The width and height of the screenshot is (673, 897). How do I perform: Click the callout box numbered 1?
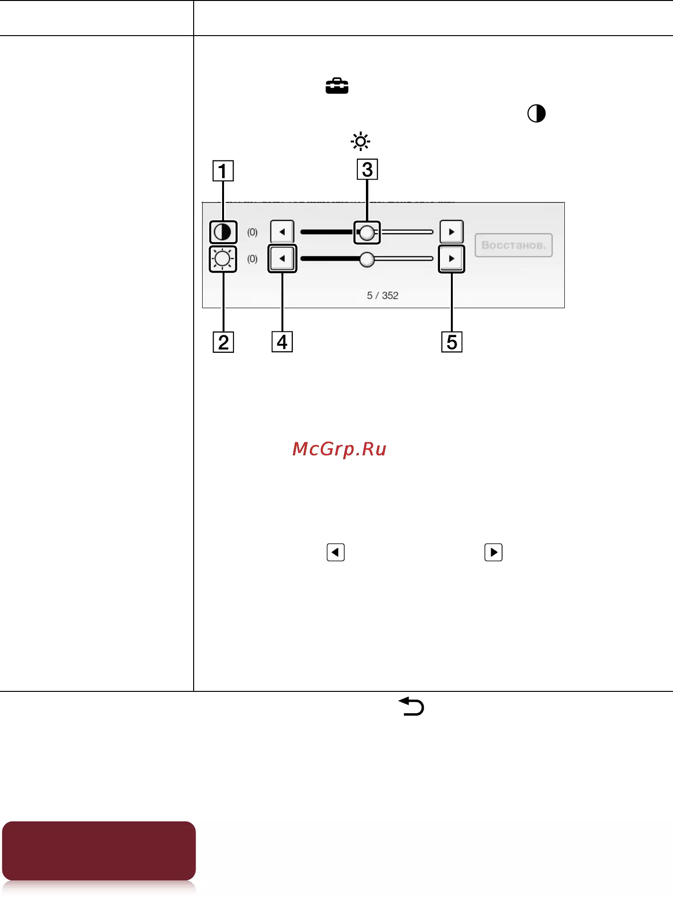tap(223, 171)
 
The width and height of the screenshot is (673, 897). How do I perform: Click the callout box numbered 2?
tap(223, 342)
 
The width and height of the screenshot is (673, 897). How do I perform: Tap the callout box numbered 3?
tap(367, 170)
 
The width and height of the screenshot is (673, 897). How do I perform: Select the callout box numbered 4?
tap(282, 342)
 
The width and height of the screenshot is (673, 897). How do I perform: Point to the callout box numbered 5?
tap(452, 342)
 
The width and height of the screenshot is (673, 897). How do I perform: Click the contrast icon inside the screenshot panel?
tap(223, 232)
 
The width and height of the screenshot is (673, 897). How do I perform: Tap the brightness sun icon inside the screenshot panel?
tap(223, 259)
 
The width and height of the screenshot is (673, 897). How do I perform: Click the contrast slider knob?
tap(367, 233)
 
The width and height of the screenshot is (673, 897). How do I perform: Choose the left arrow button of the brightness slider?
tap(282, 259)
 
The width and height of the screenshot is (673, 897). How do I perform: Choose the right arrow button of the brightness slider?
tap(451, 259)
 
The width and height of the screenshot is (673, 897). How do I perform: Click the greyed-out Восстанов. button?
tap(514, 245)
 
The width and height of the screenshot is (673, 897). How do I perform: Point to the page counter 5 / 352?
tap(383, 295)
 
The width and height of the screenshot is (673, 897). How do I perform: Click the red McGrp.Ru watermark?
tap(339, 449)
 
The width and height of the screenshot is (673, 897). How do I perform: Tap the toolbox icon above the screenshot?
tap(337, 86)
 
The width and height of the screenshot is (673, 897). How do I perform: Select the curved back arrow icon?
tap(411, 706)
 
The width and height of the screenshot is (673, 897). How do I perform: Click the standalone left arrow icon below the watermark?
tap(336, 552)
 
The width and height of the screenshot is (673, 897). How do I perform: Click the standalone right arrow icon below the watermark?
tap(494, 552)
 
